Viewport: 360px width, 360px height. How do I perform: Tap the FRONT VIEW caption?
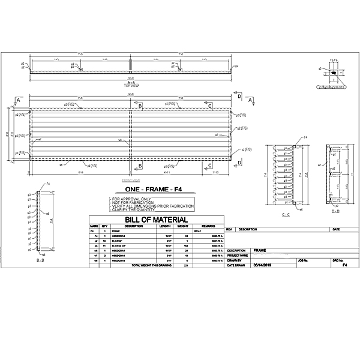(x=131, y=179)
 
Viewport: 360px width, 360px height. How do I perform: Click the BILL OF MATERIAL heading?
(x=155, y=220)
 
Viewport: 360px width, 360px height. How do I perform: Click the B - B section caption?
(x=40, y=262)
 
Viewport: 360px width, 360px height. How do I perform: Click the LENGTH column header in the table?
(x=164, y=226)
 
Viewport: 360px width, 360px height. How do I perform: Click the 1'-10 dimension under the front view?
(x=215, y=172)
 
